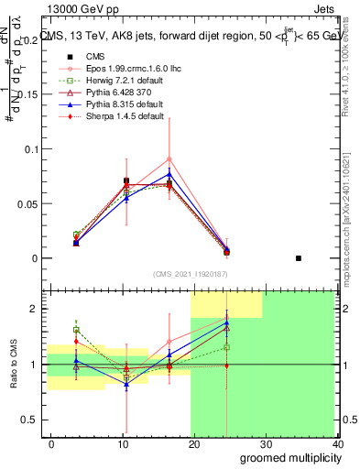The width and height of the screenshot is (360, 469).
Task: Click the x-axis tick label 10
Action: click(x=122, y=444)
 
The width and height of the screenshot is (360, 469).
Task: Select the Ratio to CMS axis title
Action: click(x=12, y=364)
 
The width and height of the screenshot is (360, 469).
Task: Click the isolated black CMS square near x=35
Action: click(x=299, y=258)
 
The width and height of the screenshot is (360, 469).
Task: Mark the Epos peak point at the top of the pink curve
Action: click(x=169, y=158)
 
